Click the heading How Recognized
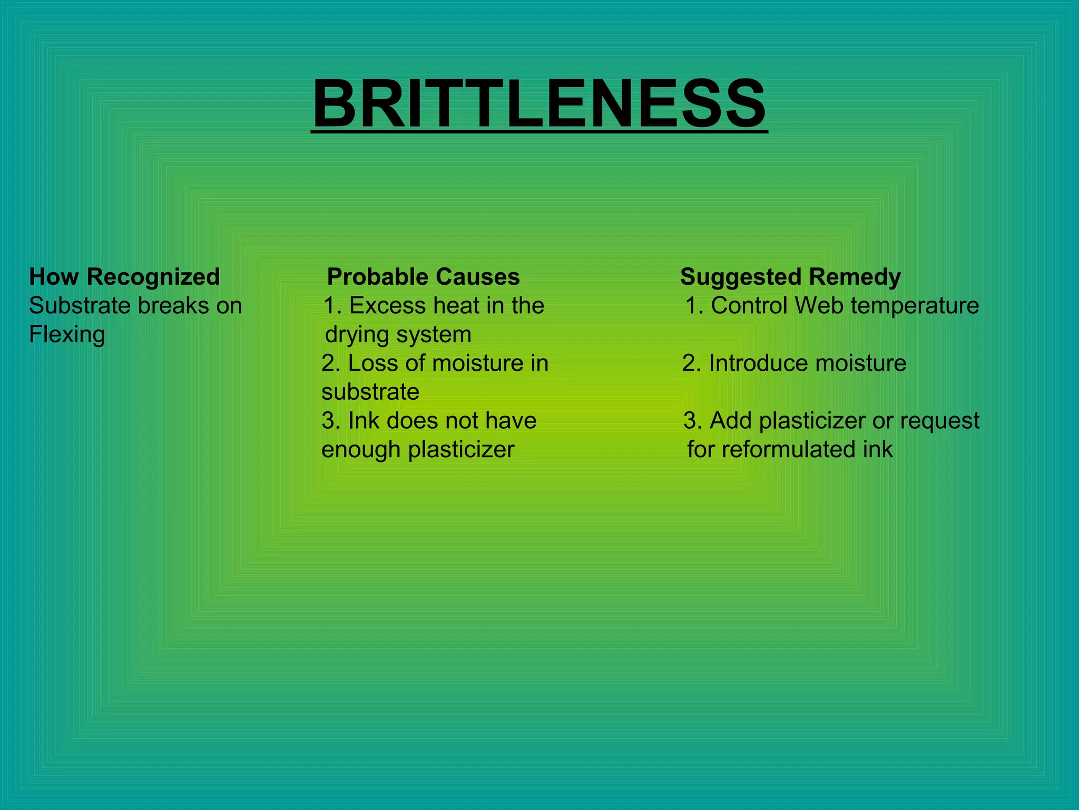coord(124,277)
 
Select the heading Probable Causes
coord(423,277)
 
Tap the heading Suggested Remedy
coord(790,277)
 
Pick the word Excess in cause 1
coord(387,306)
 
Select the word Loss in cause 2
coord(369,363)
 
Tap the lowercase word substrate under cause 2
coord(370,392)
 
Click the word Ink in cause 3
coord(364,421)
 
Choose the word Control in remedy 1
coord(749,306)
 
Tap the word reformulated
coord(789,450)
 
